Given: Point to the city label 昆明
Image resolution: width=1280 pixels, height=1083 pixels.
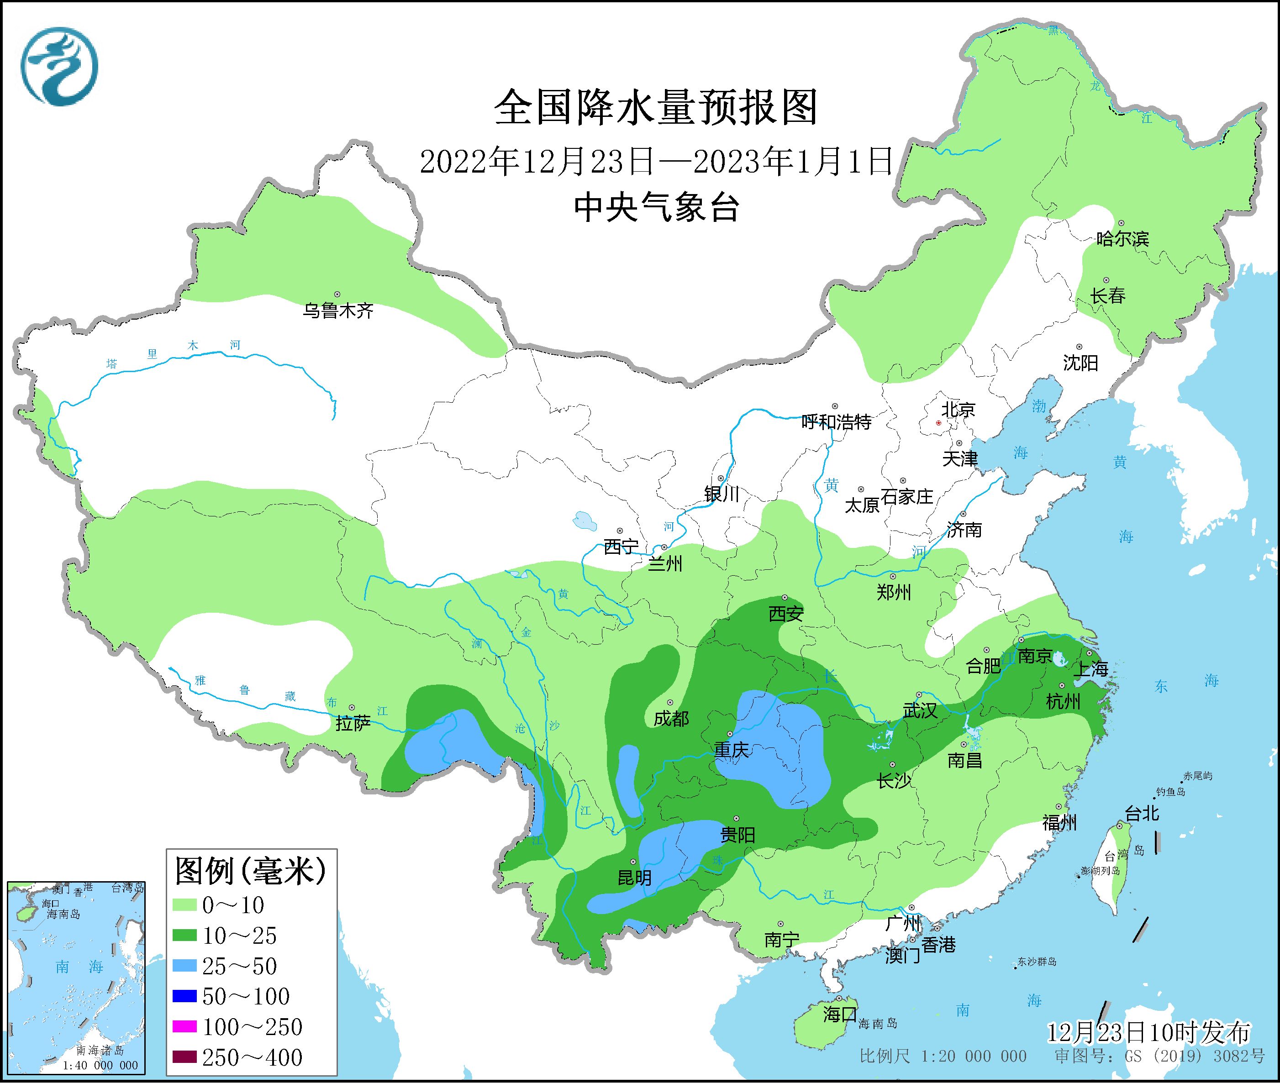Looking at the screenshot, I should [634, 878].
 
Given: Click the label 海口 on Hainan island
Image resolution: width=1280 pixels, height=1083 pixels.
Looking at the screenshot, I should [840, 1014].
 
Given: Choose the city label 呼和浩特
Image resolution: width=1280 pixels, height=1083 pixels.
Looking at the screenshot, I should [836, 422].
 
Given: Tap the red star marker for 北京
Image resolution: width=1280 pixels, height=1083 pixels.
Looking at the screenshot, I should [938, 423].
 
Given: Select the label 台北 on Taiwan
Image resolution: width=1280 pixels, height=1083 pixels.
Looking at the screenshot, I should [1142, 814].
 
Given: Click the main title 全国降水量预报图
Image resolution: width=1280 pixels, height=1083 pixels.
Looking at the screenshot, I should [656, 107].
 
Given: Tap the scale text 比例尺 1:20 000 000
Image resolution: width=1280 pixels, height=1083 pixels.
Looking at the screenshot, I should [943, 1057].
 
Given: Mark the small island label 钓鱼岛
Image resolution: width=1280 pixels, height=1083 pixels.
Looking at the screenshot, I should [1170, 793].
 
